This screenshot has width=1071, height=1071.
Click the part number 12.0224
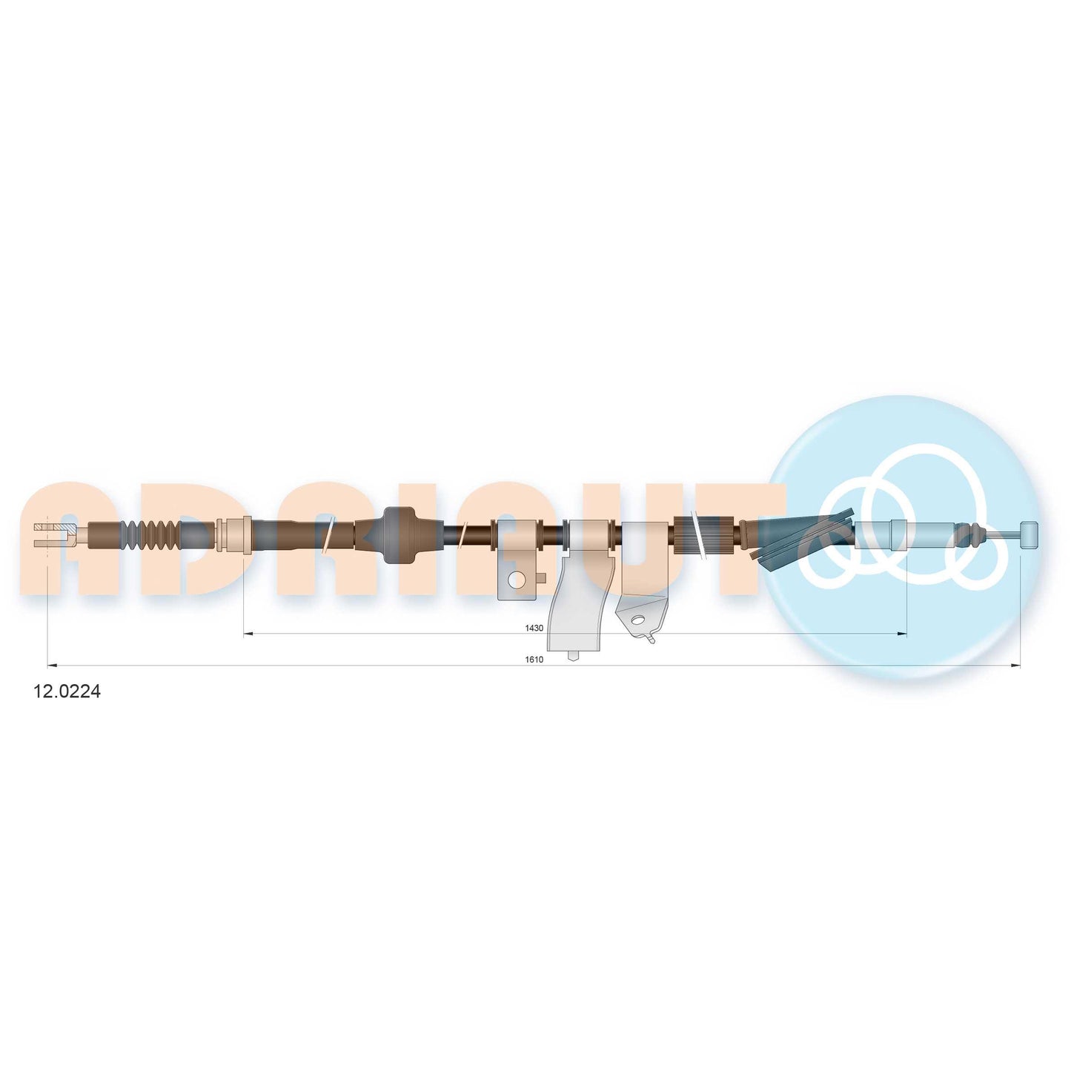(67, 692)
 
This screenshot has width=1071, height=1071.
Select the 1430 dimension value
(534, 628)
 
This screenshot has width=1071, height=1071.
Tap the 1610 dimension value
(534, 659)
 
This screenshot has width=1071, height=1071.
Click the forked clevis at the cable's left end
(54, 535)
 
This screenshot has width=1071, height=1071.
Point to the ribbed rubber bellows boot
(152, 535)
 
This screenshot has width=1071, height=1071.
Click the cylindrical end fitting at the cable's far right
(1029, 534)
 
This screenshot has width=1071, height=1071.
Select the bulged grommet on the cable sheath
(398, 534)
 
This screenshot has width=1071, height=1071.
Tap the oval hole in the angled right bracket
(636, 619)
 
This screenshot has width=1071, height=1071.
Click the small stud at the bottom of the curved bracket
(573, 655)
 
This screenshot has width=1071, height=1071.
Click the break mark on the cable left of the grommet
(328, 535)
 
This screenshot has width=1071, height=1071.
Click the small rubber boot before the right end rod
(966, 534)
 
